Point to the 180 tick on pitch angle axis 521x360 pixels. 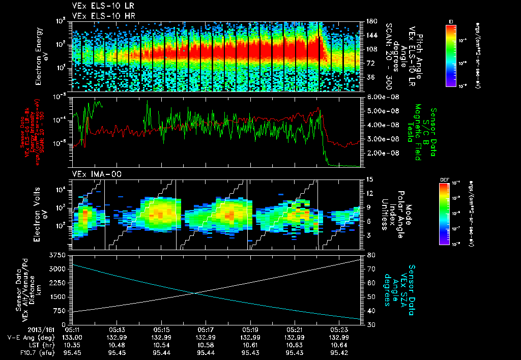(370, 21)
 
